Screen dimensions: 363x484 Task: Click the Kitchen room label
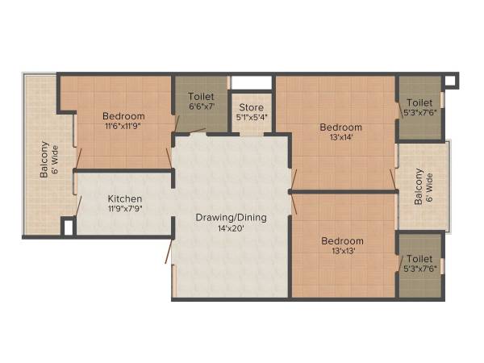125,198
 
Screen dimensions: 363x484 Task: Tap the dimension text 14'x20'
232,228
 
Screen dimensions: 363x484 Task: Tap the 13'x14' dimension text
340,138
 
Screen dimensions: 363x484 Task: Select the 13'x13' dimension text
342,252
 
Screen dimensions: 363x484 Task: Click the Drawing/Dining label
232,217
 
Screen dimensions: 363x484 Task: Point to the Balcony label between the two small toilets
419,186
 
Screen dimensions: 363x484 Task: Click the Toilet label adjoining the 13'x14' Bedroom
419,102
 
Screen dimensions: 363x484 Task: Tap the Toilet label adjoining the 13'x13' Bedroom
419,259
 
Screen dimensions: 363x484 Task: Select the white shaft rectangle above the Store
252,82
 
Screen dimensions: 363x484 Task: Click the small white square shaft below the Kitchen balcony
69,227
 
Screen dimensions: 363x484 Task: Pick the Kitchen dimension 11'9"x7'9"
125,210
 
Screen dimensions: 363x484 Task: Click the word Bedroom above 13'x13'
342,240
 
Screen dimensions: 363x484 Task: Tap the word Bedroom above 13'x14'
340,127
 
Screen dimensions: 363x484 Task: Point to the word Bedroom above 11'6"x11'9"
124,116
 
